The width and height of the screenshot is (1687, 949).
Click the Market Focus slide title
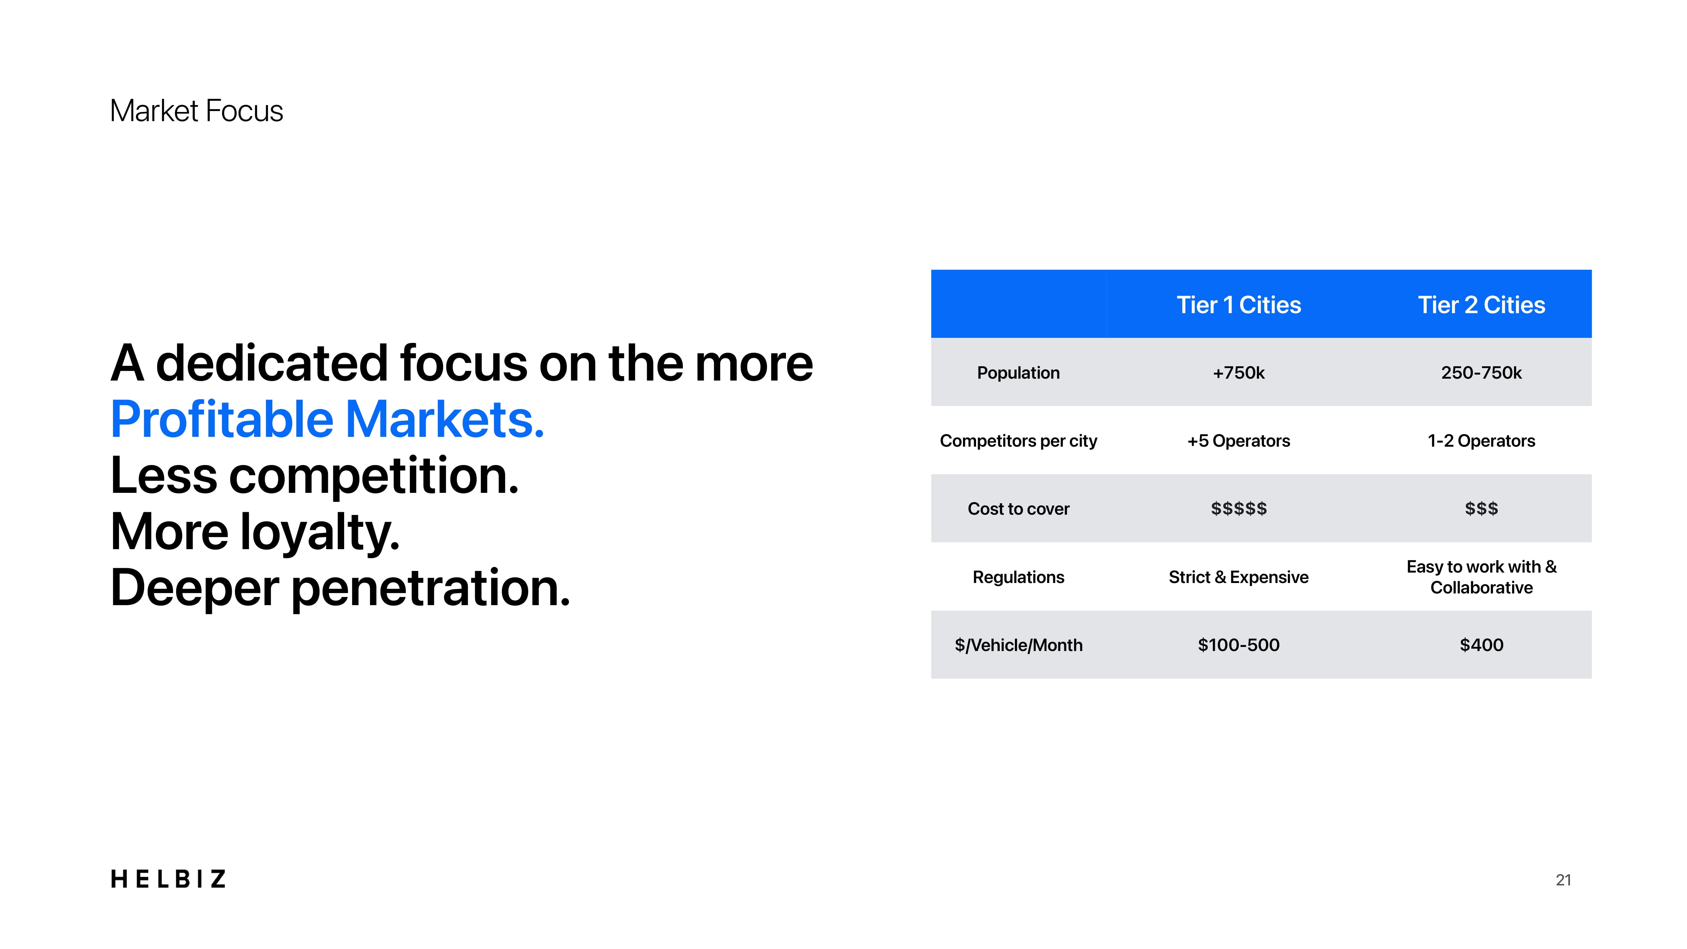pyautogui.click(x=196, y=111)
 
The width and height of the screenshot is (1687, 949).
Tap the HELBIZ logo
pyautogui.click(x=168, y=879)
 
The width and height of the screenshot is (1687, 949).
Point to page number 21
pyautogui.click(x=1563, y=880)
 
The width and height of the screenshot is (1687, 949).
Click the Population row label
pyautogui.click(x=1018, y=373)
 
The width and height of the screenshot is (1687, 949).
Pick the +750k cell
pyautogui.click(x=1239, y=373)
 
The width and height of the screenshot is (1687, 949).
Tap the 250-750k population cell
pyautogui.click(x=1481, y=373)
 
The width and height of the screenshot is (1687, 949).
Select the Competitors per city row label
pyautogui.click(x=1018, y=441)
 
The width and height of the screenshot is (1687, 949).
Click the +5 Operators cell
pyautogui.click(x=1239, y=441)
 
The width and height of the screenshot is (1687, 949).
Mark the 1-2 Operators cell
pyautogui.click(x=1481, y=441)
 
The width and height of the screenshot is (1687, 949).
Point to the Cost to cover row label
pyautogui.click(x=1018, y=509)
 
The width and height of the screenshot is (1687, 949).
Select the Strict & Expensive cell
pyautogui.click(x=1239, y=577)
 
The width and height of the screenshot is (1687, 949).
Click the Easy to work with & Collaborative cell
pyautogui.click(x=1481, y=577)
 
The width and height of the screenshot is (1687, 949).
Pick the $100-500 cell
pyautogui.click(x=1239, y=645)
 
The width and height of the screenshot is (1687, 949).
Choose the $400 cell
pyautogui.click(x=1481, y=645)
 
